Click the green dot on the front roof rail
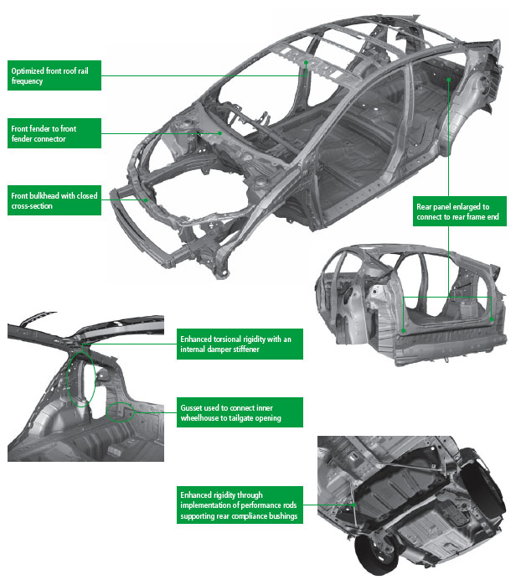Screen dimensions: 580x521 click(307, 62)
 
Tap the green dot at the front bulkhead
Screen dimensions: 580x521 click(148, 199)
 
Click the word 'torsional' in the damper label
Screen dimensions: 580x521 click(225, 339)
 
